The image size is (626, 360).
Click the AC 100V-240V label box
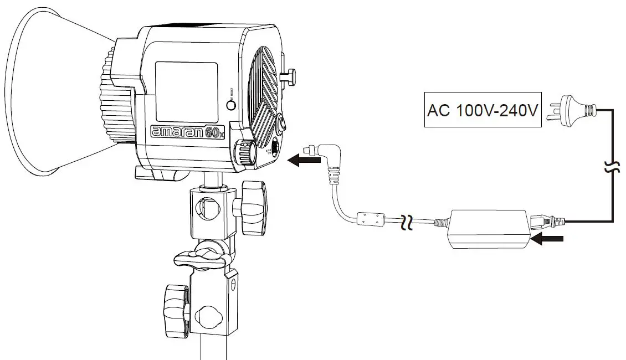[x=483, y=110]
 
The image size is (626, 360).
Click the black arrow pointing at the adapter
[x=547, y=239]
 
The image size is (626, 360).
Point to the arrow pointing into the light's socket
[x=304, y=160]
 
